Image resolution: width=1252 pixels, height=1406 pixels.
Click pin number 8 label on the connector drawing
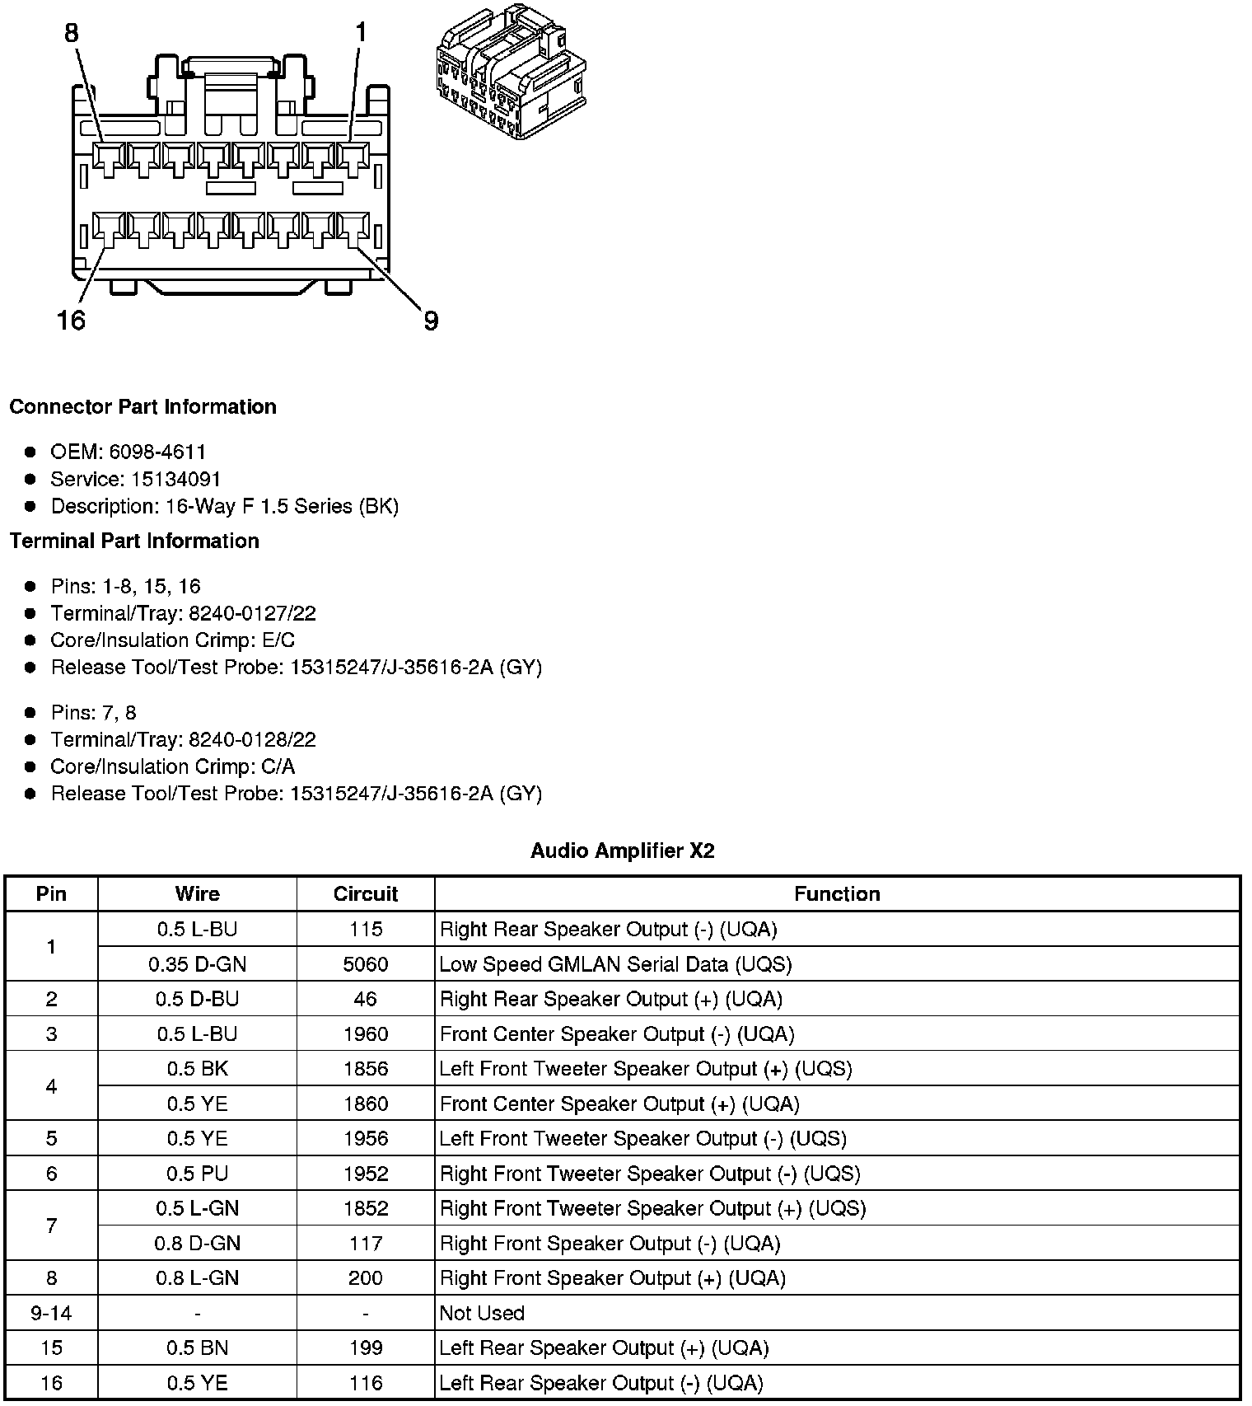[72, 34]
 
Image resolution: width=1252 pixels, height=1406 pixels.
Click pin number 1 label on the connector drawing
[360, 34]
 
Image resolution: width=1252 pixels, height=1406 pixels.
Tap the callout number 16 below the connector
[72, 320]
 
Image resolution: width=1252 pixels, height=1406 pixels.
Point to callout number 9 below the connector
[431, 321]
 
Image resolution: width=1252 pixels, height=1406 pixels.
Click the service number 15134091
[176, 479]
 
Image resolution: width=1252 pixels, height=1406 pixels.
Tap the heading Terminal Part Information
[134, 541]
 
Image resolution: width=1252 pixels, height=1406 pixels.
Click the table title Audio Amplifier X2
[622, 851]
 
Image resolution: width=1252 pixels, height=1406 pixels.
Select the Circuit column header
[365, 894]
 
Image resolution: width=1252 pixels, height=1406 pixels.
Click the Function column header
[837, 894]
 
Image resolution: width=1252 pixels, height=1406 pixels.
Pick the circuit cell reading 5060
[365, 964]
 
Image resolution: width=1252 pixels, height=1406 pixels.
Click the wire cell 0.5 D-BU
[197, 999]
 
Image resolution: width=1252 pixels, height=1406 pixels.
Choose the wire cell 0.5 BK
[197, 1069]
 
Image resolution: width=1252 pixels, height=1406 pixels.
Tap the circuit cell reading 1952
[365, 1174]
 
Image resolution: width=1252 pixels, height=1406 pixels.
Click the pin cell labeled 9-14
[51, 1313]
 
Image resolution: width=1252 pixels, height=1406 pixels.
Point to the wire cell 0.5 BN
[197, 1348]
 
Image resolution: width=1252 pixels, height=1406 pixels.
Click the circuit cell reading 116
[365, 1383]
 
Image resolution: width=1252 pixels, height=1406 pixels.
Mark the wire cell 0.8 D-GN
[197, 1244]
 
